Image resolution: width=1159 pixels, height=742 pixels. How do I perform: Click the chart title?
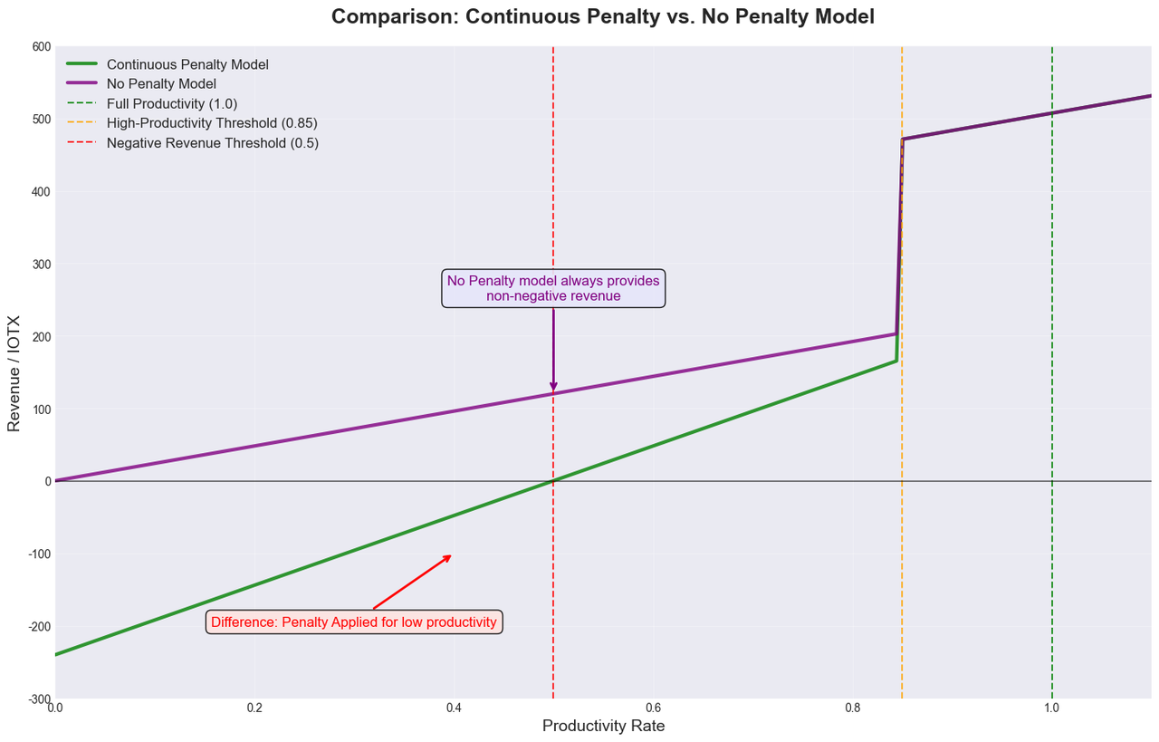(602, 16)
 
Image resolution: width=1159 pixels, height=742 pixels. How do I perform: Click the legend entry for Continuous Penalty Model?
(187, 65)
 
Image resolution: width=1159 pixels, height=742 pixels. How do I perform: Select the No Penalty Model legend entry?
(161, 84)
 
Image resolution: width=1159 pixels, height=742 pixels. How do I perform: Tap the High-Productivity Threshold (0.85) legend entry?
(212, 123)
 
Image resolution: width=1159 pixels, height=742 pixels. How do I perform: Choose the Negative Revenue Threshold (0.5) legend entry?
(213, 143)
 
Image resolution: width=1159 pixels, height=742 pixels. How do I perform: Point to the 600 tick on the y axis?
(40, 46)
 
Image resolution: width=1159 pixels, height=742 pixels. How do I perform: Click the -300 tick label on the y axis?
(38, 699)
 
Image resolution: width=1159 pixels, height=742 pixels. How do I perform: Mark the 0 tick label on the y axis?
(45, 481)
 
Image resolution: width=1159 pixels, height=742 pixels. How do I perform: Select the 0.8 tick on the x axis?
(852, 708)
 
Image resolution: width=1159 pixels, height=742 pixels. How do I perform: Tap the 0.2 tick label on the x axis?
(254, 708)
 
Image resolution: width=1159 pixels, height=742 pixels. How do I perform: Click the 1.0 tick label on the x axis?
(1051, 708)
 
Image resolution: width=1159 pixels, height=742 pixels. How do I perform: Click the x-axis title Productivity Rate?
(603, 726)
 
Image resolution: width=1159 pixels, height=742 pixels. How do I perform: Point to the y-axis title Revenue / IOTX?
(14, 372)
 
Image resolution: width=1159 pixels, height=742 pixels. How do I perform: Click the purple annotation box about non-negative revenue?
(553, 288)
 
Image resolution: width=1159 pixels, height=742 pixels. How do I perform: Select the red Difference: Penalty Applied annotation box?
(354, 622)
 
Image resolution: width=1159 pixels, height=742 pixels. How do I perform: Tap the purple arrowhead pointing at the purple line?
(553, 388)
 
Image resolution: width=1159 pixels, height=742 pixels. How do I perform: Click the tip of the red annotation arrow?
(451, 554)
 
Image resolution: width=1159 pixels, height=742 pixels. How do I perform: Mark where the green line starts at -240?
(56, 654)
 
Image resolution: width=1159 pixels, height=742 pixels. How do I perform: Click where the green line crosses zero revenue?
(553, 481)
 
